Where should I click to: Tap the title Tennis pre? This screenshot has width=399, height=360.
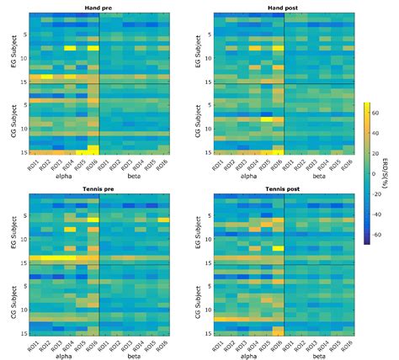tap(99, 188)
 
